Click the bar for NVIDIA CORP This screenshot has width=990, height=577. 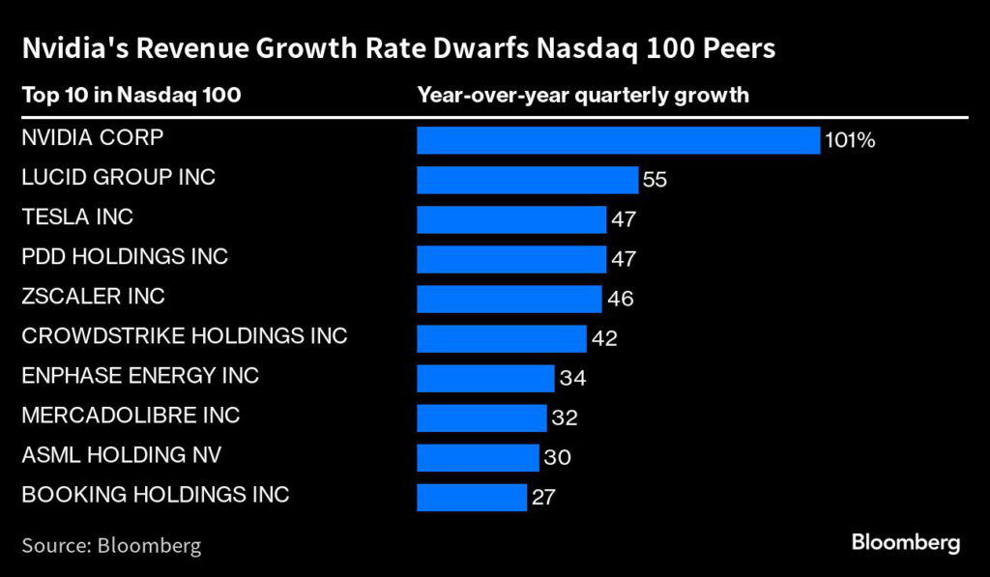[618, 140]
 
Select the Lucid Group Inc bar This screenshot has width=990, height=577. [527, 180]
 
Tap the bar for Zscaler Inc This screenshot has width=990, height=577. [509, 299]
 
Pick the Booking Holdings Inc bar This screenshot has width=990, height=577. [471, 497]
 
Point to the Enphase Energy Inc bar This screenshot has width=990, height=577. [485, 378]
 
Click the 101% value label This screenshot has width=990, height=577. [850, 141]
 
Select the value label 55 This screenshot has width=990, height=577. [655, 181]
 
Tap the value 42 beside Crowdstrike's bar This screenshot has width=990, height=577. [604, 339]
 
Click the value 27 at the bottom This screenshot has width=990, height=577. [543, 498]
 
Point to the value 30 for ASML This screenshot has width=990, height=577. [557, 458]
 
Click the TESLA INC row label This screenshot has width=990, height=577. [77, 217]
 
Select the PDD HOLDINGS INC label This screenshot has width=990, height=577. [125, 257]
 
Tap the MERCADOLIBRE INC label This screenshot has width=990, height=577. [131, 416]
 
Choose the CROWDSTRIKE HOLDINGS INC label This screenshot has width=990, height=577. [184, 336]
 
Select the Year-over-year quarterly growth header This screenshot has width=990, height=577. [583, 95]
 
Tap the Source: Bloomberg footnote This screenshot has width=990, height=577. [111, 545]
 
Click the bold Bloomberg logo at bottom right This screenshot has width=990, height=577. [906, 542]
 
